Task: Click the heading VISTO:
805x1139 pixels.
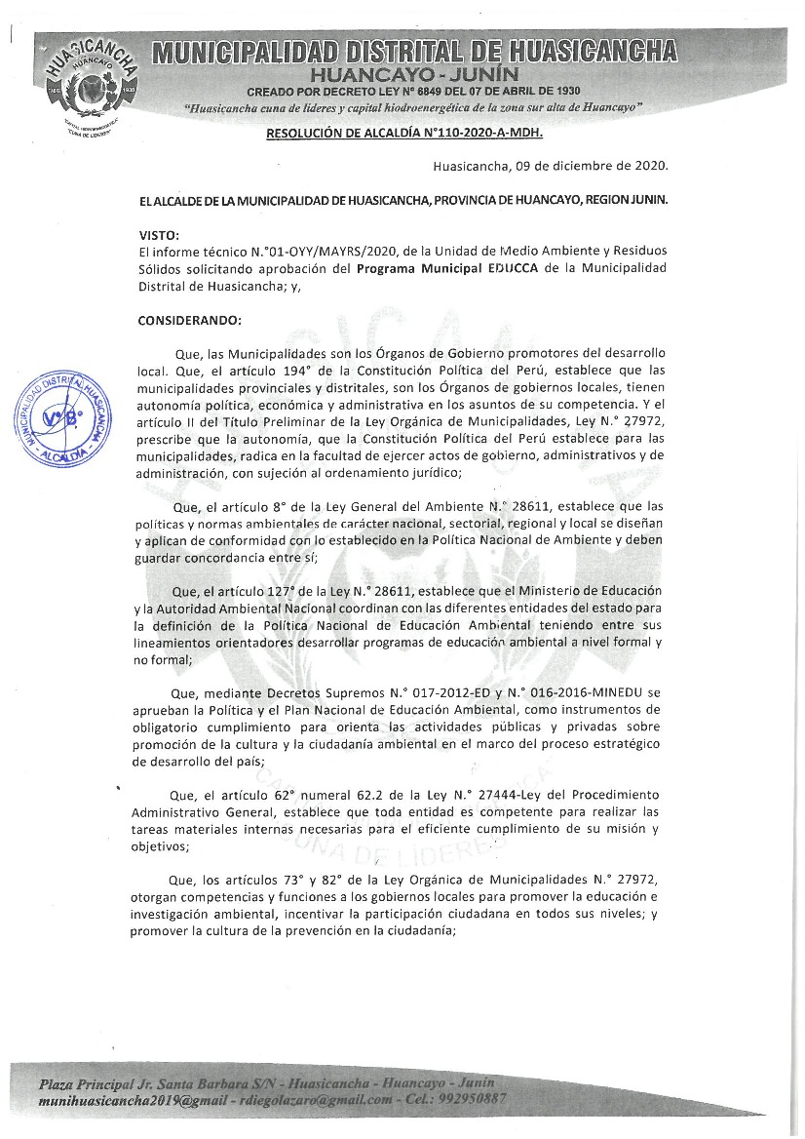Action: pos(159,236)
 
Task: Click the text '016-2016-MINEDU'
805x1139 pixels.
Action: pos(568,691)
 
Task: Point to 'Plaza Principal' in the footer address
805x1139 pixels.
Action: pos(87,1083)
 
